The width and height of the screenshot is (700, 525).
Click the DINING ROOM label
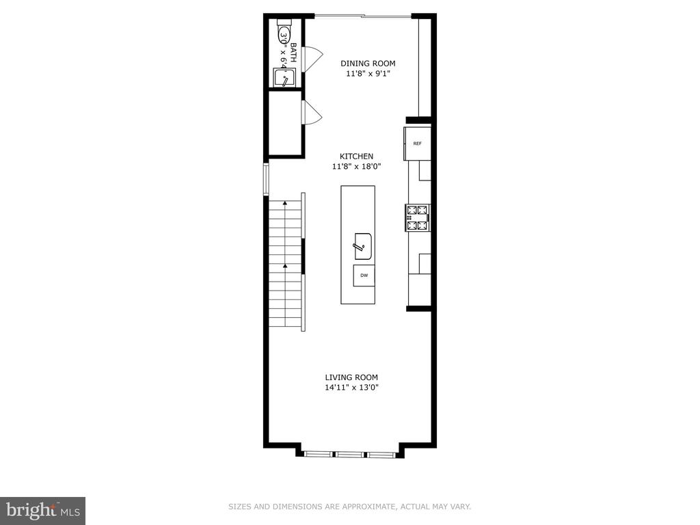[368, 64]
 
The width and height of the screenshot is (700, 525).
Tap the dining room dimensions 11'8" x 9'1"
[368, 73]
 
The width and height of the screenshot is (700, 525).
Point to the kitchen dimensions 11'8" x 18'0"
[356, 166]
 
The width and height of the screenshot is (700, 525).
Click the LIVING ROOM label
[351, 377]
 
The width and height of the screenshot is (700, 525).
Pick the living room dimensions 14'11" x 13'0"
[351, 388]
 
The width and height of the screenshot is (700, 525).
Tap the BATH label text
[293, 53]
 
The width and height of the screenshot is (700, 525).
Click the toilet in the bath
[284, 34]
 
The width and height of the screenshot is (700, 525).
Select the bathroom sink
[284, 78]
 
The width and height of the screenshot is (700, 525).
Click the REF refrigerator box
[417, 144]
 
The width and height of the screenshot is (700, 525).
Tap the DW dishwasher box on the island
[364, 275]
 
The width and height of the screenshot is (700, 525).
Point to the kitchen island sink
[362, 246]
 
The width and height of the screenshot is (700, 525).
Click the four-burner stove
[418, 217]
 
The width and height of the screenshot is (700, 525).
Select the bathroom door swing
[311, 58]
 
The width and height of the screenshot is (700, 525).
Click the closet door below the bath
[311, 113]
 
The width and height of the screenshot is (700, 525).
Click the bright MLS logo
[42, 510]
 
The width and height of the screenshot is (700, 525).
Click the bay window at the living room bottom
[349, 453]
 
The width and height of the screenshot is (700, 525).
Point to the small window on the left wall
[267, 179]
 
